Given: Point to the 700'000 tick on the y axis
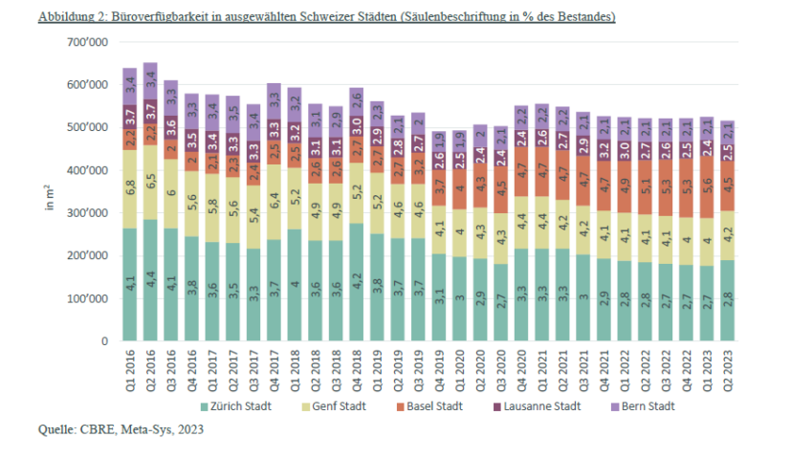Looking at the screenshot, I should (x=87, y=43).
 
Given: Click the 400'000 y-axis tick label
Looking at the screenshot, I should (x=87, y=171).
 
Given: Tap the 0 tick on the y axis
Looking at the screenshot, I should (x=102, y=341).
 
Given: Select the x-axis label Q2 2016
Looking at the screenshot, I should (x=151, y=364).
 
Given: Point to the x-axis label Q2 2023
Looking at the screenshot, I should (x=727, y=364).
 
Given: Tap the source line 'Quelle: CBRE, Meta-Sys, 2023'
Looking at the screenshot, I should (x=121, y=429).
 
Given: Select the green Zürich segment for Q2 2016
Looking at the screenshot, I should (x=150, y=280).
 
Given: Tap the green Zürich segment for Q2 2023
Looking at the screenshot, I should (x=726, y=300).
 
